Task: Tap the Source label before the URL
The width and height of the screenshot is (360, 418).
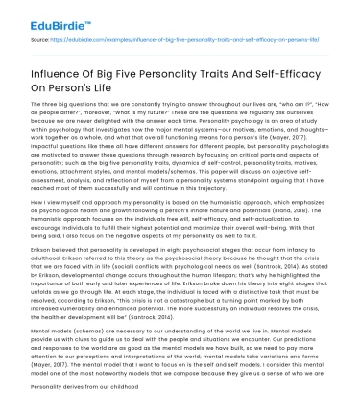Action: (40, 43)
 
